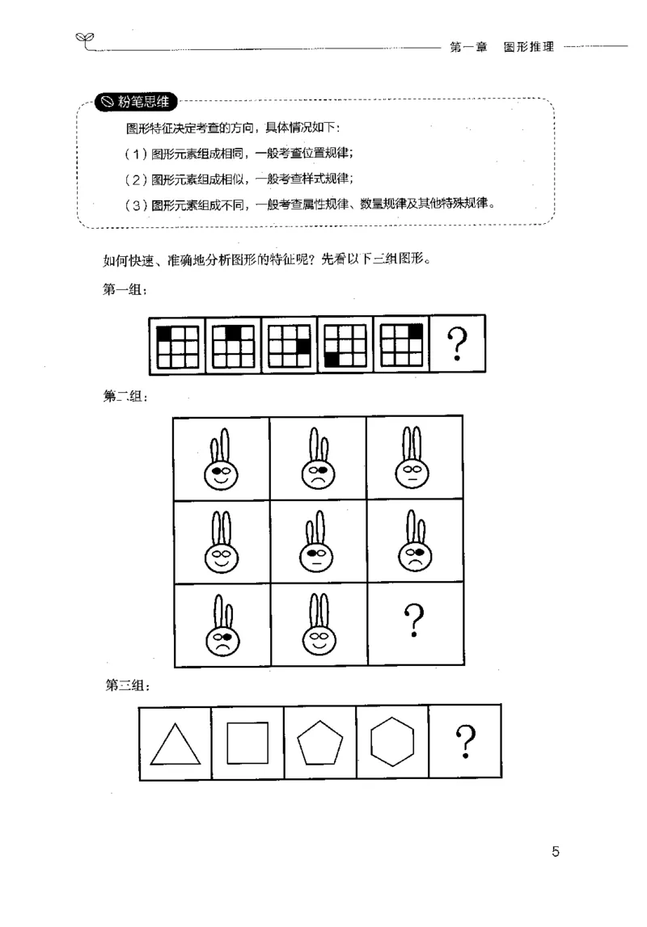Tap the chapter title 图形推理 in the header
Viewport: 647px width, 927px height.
point(528,48)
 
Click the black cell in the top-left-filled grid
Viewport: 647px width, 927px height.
point(164,333)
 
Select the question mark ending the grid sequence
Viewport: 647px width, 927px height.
point(459,346)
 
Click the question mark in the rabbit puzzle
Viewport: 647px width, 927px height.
point(414,622)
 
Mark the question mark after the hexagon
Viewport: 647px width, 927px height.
point(465,742)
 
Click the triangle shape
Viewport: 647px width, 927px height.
point(175,744)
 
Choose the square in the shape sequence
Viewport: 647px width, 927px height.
point(247,743)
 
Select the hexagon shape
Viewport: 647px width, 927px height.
point(392,742)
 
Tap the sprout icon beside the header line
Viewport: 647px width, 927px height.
point(84,38)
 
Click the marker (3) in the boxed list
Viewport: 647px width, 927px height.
point(137,204)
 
